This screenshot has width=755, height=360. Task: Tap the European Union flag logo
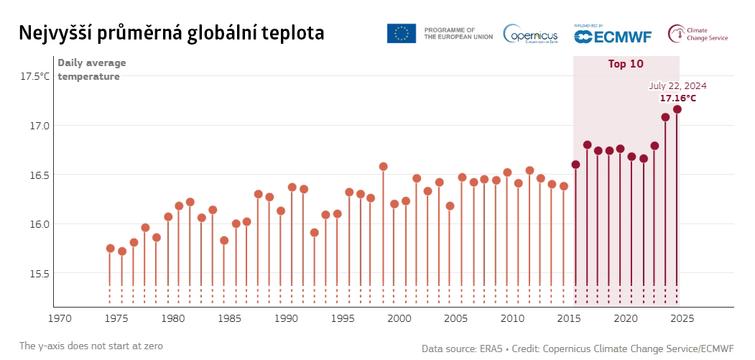point(401,33)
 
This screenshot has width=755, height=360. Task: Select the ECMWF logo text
point(614,34)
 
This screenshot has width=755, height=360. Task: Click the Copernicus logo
point(532,34)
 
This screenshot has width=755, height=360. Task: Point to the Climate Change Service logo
point(698,34)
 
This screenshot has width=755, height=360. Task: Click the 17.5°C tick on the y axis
point(35,76)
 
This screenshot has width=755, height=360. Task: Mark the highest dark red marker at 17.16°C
point(677,109)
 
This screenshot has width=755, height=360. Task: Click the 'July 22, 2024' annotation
point(677,86)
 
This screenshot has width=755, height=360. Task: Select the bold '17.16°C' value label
point(678,98)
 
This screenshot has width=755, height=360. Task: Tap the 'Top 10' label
point(626,64)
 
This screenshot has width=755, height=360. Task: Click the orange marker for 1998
point(383,167)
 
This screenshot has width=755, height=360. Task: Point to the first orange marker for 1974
point(111,249)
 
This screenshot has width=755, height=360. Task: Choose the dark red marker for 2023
point(665,117)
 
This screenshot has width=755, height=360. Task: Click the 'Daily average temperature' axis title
point(89,70)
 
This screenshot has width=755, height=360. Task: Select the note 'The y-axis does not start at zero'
point(91,346)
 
